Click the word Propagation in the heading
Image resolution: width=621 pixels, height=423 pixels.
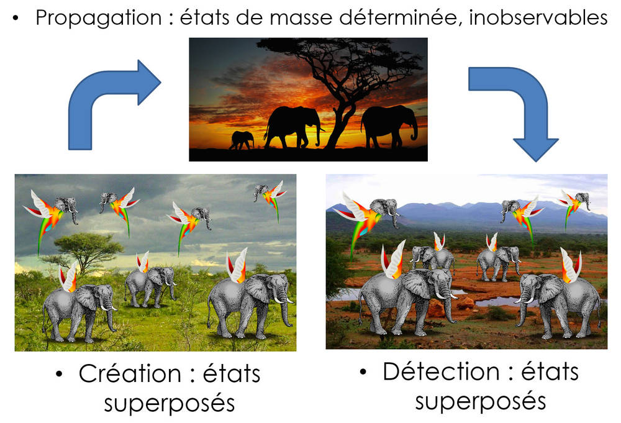click(98, 18)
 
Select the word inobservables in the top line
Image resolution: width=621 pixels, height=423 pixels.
click(538, 17)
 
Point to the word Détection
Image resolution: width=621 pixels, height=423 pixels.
click(441, 371)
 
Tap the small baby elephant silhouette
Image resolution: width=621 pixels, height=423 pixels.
click(241, 140)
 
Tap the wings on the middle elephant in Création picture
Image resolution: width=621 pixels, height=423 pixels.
click(143, 262)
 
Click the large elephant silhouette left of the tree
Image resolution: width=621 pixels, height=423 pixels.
click(292, 127)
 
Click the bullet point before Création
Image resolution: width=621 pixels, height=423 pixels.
click(60, 374)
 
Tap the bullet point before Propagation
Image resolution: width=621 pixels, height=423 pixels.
click(16, 18)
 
